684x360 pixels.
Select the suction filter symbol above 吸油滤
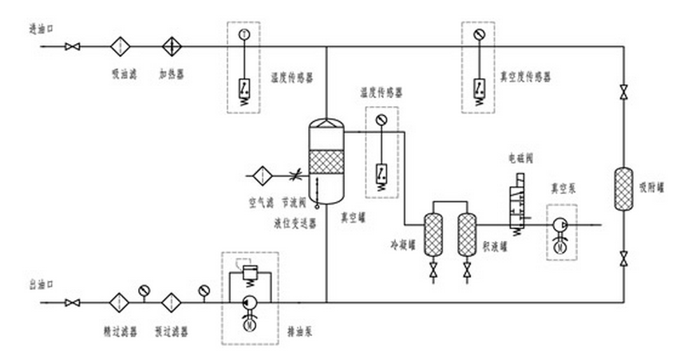[121, 46]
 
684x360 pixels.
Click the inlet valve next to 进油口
[73, 46]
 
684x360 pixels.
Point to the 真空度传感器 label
[525, 77]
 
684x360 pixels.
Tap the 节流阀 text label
[294, 203]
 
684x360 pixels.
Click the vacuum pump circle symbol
[561, 226]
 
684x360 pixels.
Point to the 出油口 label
[39, 284]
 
